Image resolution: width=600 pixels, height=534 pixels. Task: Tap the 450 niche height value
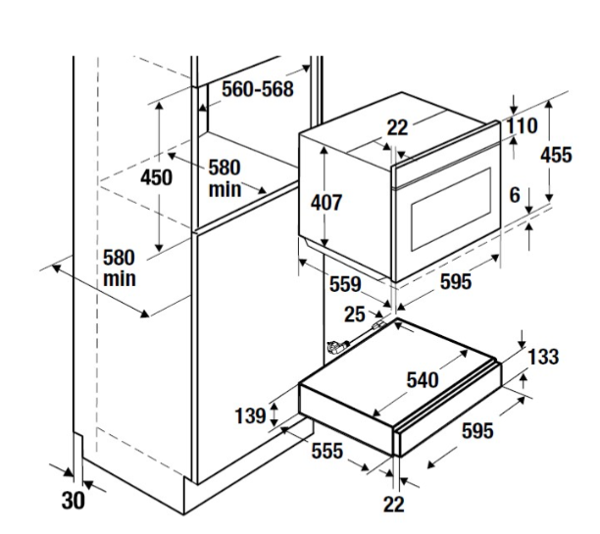(156, 177)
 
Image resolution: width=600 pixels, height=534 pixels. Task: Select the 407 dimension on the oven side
(325, 203)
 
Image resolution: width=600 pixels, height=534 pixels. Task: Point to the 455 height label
(555, 155)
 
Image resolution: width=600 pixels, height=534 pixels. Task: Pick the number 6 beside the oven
(514, 195)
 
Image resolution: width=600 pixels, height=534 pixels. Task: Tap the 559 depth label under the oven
(345, 285)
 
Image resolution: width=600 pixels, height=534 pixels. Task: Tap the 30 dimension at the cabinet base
(73, 501)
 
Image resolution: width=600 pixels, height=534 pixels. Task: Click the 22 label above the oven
(396, 126)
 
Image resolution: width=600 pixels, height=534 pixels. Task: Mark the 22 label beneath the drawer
(393, 505)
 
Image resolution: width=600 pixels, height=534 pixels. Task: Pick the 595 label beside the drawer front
(477, 432)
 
